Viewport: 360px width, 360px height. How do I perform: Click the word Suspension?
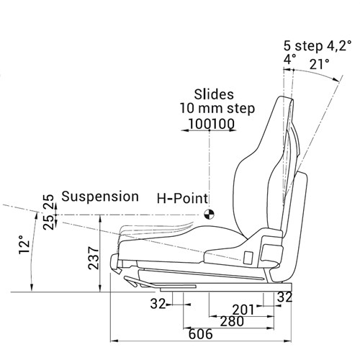tap(100, 196)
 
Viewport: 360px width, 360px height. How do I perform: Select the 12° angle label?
tap(23, 247)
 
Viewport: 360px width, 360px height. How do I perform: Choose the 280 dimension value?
tap(230, 322)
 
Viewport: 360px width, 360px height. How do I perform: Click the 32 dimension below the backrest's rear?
tap(284, 297)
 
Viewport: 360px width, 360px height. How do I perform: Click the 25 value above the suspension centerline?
tap(48, 199)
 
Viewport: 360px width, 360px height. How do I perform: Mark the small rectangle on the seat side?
tap(248, 256)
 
